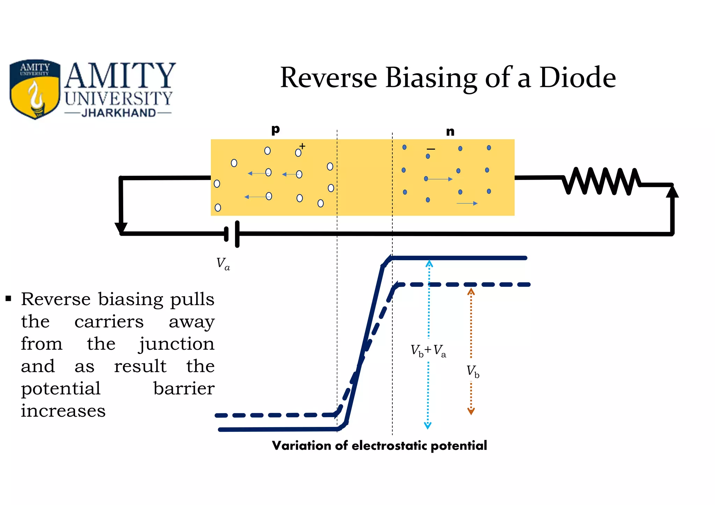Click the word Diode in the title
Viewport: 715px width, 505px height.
577,77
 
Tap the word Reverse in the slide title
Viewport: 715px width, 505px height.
328,77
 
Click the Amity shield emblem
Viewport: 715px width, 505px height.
35,89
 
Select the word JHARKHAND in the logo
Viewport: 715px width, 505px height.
118,113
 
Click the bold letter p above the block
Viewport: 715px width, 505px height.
275,130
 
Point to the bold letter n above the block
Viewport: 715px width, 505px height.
450,132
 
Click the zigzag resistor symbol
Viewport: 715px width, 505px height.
601,181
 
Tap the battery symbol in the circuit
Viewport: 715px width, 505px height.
232,234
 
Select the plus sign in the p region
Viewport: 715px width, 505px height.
302,146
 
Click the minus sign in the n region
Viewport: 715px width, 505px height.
431,149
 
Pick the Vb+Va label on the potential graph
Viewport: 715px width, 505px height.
428,350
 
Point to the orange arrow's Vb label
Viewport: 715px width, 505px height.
473,371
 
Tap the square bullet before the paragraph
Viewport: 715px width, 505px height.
8,299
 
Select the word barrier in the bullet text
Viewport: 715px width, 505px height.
184,388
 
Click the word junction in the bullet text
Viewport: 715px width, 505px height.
177,344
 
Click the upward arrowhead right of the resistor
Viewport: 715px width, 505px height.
672,191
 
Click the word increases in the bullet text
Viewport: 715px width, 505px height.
63,410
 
